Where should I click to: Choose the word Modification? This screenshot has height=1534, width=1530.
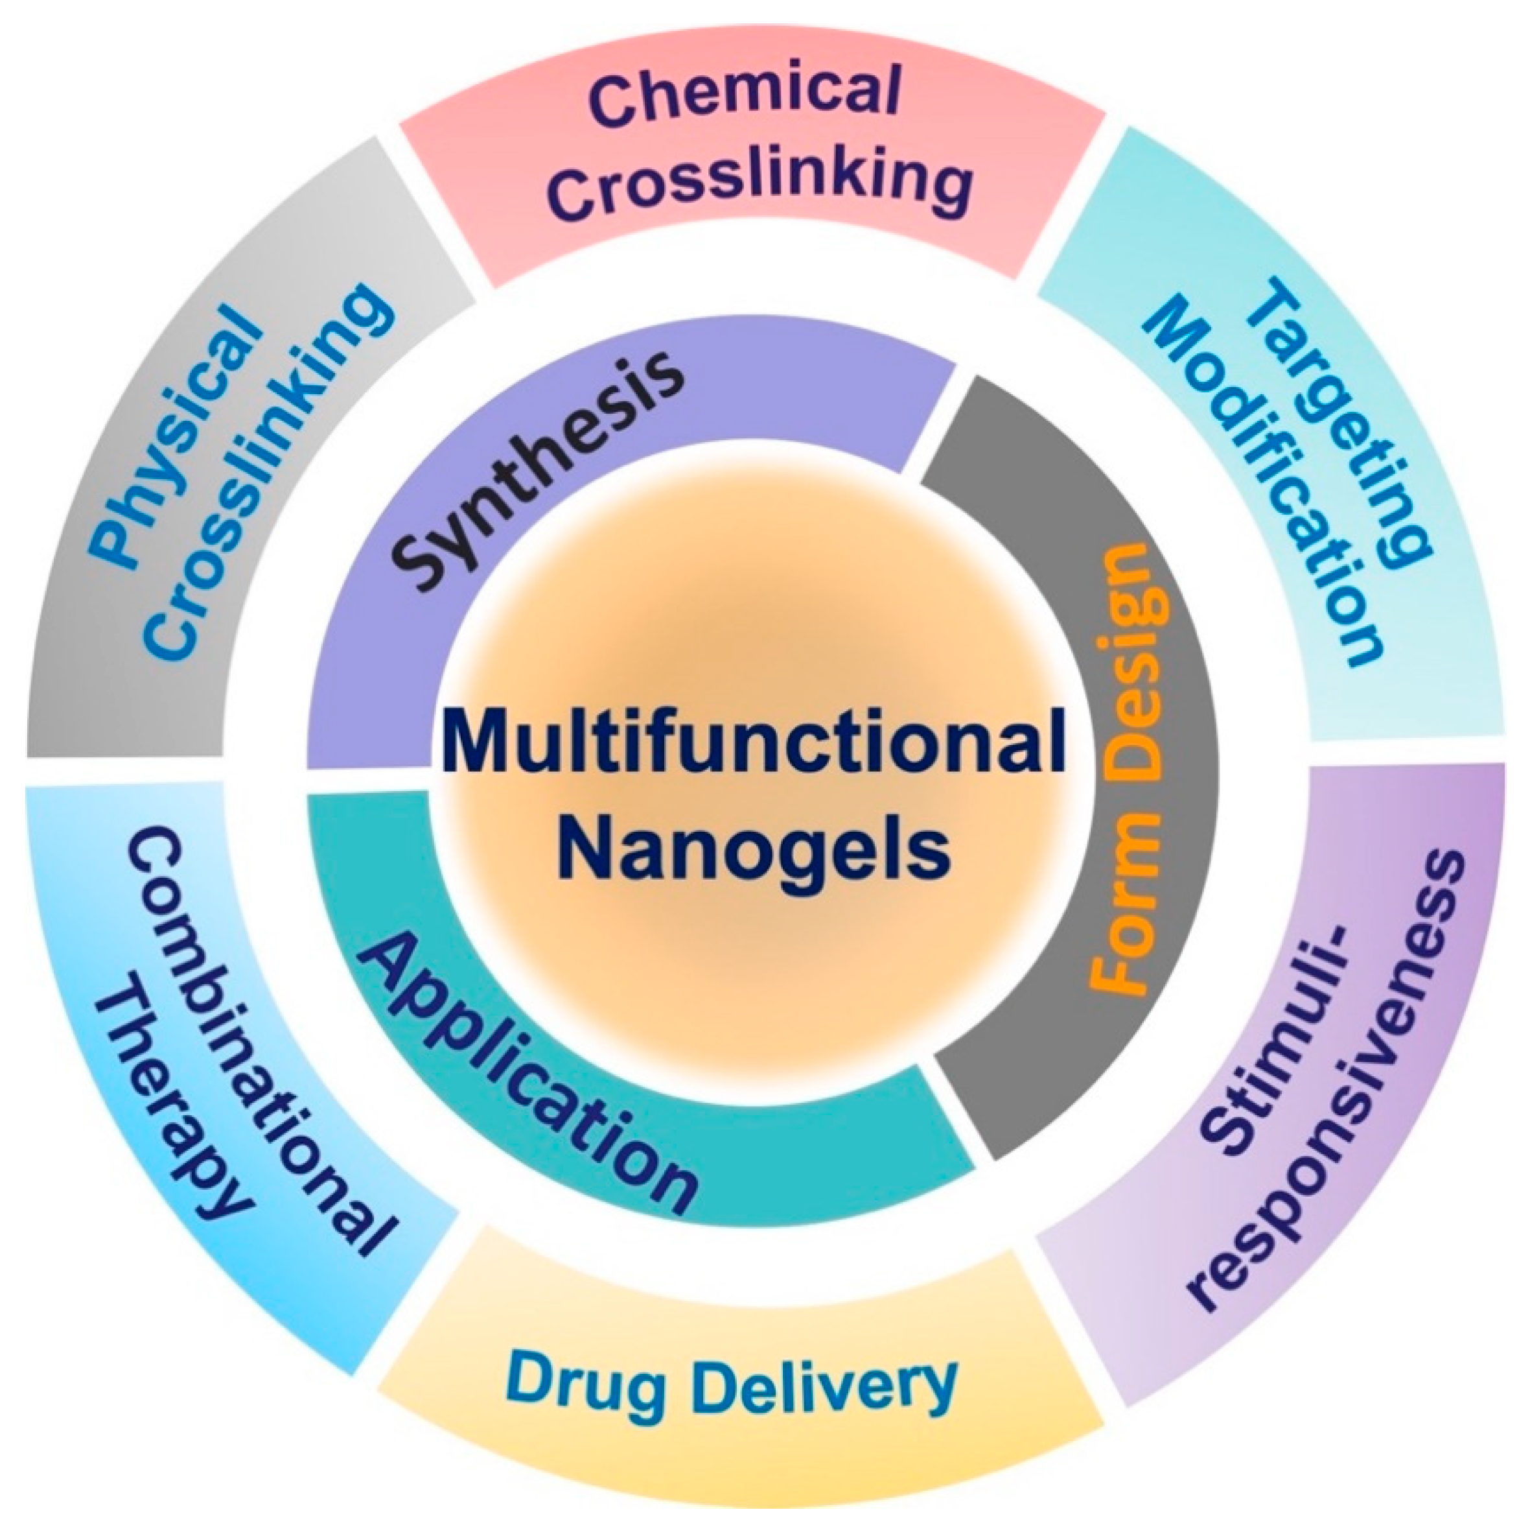tap(1254, 484)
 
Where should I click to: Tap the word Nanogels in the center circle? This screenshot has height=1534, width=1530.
tap(752, 849)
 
